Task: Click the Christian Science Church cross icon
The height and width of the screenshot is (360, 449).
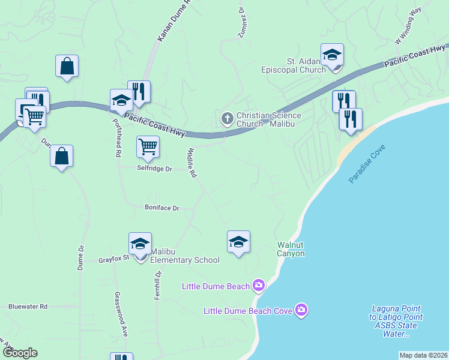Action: (x=227, y=118)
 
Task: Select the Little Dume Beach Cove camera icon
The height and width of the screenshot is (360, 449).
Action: (x=301, y=310)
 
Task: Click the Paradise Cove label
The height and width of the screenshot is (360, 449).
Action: (x=367, y=164)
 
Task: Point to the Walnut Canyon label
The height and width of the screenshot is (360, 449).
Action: (x=291, y=249)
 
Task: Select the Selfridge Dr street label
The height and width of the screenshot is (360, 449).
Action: (x=154, y=169)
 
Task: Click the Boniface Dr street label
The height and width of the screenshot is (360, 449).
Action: (x=161, y=208)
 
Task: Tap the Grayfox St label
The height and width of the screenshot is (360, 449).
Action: (x=114, y=260)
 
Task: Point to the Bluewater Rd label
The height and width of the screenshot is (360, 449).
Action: (x=28, y=306)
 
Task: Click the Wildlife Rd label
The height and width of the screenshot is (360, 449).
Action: (x=192, y=163)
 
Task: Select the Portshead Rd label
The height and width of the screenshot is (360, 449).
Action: (x=118, y=137)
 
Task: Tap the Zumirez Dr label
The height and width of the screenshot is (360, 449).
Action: (x=242, y=23)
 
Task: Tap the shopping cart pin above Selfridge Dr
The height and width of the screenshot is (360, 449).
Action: (x=148, y=146)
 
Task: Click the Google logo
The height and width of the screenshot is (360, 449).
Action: (x=20, y=353)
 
